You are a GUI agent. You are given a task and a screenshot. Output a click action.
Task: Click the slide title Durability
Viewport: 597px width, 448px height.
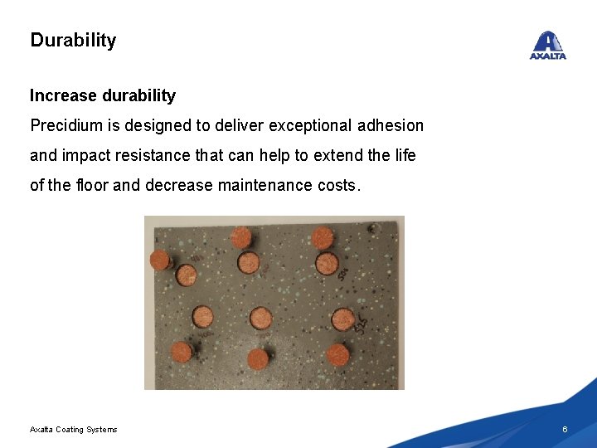click(x=73, y=40)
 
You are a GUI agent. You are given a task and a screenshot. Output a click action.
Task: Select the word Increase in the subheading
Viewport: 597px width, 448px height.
click(x=63, y=95)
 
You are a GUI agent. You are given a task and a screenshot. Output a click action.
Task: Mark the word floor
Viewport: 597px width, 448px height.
click(x=91, y=185)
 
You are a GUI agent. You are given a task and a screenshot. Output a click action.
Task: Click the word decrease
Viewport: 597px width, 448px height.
click(x=178, y=185)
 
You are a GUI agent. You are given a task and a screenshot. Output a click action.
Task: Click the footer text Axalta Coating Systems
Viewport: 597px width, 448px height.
click(x=73, y=429)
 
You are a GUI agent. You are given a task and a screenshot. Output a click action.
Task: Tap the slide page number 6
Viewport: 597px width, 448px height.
click(x=565, y=429)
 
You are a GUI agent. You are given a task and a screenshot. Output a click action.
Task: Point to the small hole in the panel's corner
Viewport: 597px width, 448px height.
click(x=375, y=226)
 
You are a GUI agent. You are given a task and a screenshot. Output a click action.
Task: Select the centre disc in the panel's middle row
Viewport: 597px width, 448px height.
click(x=261, y=318)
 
